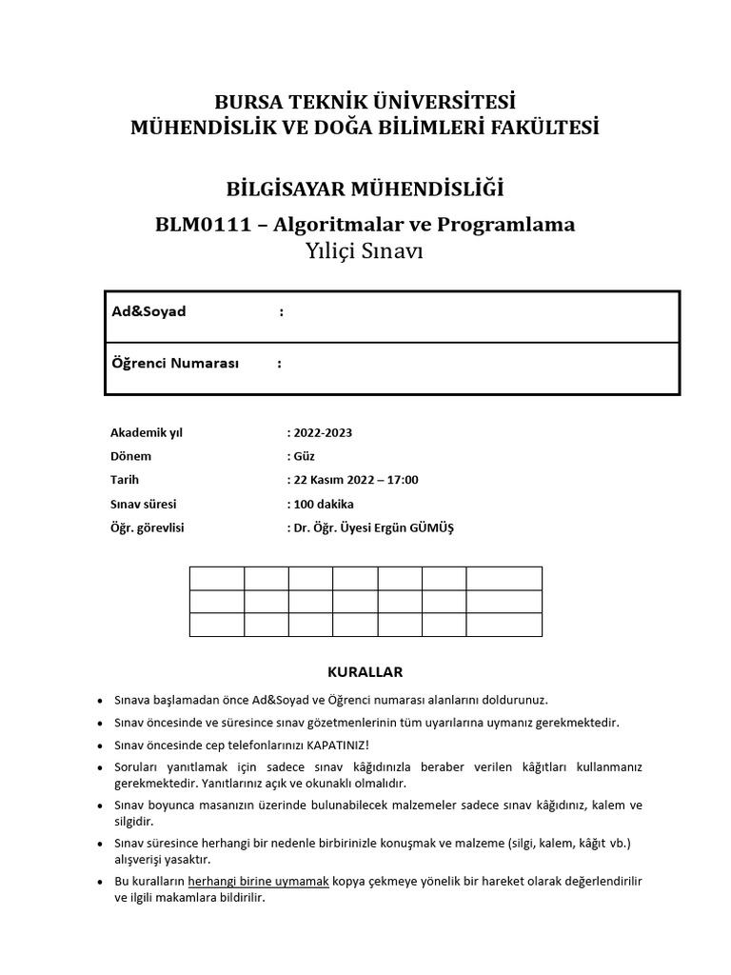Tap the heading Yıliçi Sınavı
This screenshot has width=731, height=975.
(365, 251)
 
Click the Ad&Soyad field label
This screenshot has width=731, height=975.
(149, 312)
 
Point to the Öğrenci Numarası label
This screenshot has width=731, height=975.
(176, 364)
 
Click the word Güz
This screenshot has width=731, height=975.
(305, 456)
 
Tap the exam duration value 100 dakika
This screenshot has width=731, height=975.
(325, 504)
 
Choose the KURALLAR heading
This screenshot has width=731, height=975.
(365, 672)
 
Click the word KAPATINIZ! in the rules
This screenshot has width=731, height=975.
(338, 745)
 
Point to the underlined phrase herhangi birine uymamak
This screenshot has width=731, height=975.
(259, 882)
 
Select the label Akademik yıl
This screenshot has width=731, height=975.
(147, 432)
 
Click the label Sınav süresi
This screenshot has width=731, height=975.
(145, 504)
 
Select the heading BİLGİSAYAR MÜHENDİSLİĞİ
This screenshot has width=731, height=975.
(365, 189)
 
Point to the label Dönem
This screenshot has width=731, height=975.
(131, 456)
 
